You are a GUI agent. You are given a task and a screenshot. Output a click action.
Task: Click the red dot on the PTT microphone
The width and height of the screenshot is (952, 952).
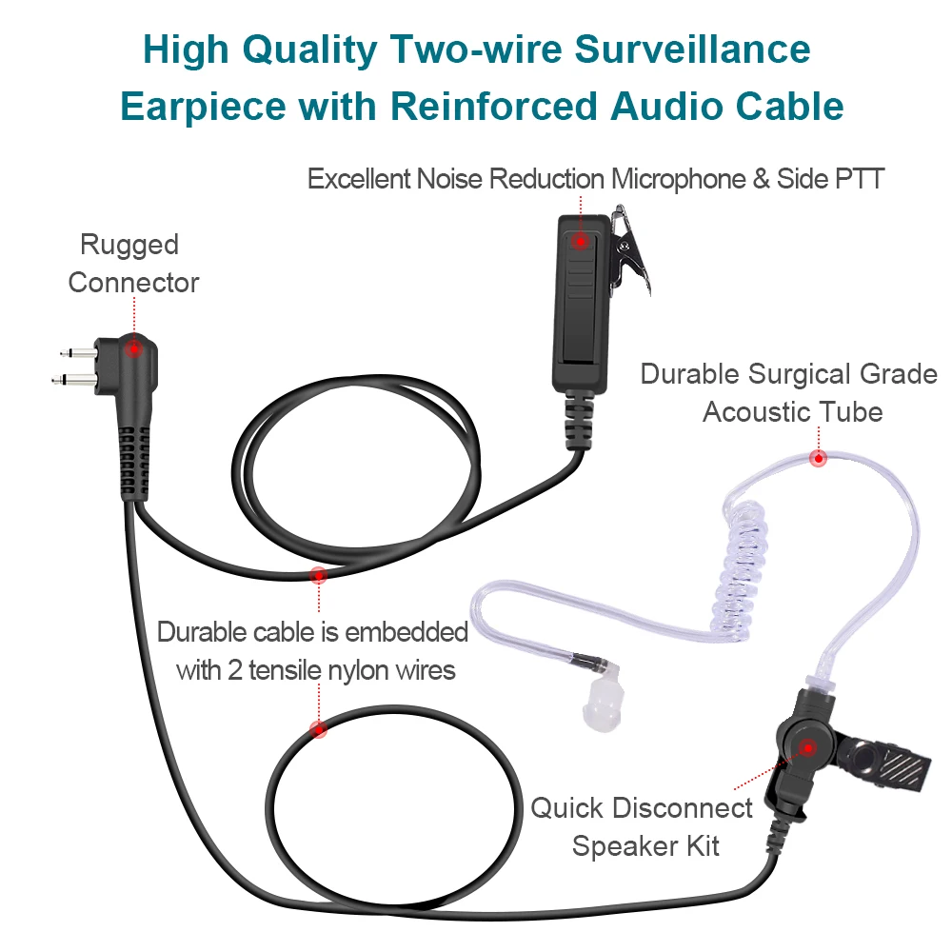click(579, 241)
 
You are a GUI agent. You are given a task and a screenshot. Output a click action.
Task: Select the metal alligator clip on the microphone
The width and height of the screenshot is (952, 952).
click(628, 249)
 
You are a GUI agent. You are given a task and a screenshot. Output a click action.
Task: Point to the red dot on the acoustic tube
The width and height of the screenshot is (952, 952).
click(817, 459)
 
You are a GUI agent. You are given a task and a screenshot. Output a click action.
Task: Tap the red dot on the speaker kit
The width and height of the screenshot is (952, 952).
click(807, 747)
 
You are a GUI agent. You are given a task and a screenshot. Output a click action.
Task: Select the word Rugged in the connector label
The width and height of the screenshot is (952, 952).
click(129, 245)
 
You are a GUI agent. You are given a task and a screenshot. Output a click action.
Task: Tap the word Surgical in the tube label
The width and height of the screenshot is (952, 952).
click(806, 373)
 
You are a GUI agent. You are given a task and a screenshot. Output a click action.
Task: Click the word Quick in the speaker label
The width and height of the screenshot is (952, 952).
click(566, 808)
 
